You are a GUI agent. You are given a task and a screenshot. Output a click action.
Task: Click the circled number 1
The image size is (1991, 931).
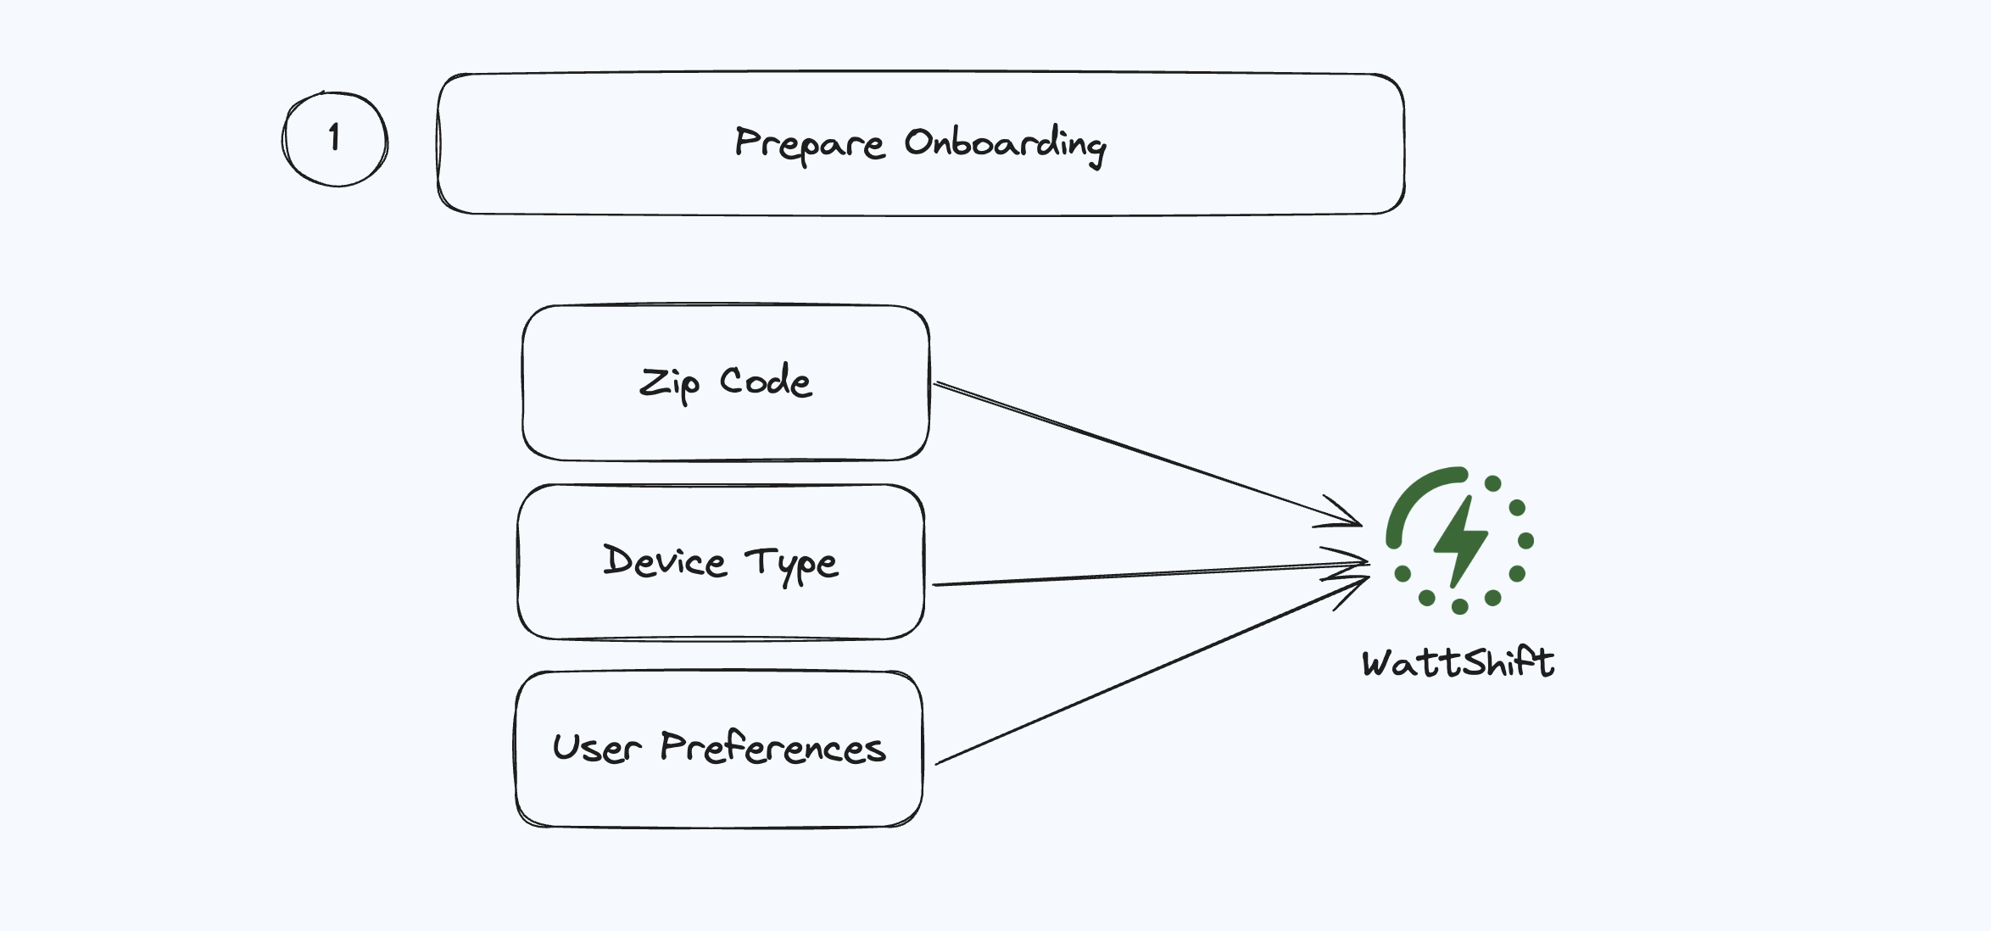(x=335, y=138)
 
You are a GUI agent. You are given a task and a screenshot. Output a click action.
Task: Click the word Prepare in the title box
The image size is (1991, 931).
(x=809, y=144)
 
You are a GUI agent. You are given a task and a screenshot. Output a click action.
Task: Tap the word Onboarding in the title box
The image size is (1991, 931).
(x=1005, y=144)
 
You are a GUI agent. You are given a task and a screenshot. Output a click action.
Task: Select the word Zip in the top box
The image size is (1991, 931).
(x=669, y=383)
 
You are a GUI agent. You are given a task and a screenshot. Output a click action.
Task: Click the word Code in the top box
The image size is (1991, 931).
(x=766, y=382)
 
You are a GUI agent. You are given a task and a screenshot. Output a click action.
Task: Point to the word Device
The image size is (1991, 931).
(x=665, y=561)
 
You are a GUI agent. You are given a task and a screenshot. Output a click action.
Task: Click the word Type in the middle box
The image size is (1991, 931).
(x=792, y=565)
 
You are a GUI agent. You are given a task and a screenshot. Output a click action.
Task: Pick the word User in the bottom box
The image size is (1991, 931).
(x=597, y=748)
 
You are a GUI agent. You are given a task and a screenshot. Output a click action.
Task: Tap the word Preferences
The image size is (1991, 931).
(x=772, y=748)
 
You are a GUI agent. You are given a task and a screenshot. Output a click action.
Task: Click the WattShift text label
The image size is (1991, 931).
(x=1458, y=662)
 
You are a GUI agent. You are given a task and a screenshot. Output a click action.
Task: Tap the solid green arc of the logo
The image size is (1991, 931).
(x=1412, y=496)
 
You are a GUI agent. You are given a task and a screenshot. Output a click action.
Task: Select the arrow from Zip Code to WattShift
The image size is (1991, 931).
(x=1145, y=454)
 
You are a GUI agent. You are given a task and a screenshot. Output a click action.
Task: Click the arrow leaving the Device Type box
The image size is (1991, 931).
(x=1145, y=574)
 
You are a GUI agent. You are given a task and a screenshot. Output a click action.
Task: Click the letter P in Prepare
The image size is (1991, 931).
(x=746, y=141)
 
